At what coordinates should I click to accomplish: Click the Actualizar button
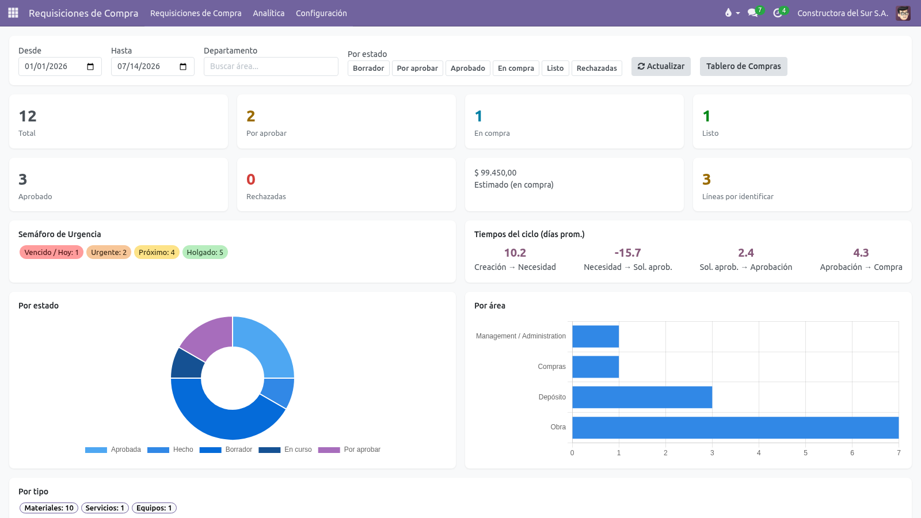tap(661, 66)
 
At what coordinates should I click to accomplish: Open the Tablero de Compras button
tap(743, 66)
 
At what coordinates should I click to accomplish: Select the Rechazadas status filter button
tap(596, 68)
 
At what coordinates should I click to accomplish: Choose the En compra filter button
tap(516, 68)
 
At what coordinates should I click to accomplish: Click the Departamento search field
tap(271, 66)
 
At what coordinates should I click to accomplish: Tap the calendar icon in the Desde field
tap(90, 67)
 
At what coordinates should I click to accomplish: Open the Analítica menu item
tap(268, 13)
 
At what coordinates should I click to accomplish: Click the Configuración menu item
tap(321, 13)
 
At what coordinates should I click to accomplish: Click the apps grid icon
tap(13, 13)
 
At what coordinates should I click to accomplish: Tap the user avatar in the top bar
tap(903, 13)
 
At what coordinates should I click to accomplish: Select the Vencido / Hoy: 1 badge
tap(51, 252)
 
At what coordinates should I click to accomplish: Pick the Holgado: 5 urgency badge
tap(205, 252)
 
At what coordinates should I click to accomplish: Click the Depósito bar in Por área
tap(642, 397)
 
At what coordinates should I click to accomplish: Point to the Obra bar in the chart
tap(735, 428)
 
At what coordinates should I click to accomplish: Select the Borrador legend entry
tap(226, 450)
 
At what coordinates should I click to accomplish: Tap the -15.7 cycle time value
tap(627, 253)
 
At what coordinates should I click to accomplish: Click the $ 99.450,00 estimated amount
tap(495, 173)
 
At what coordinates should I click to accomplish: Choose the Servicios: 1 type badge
tap(105, 508)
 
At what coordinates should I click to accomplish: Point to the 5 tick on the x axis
tap(805, 452)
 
